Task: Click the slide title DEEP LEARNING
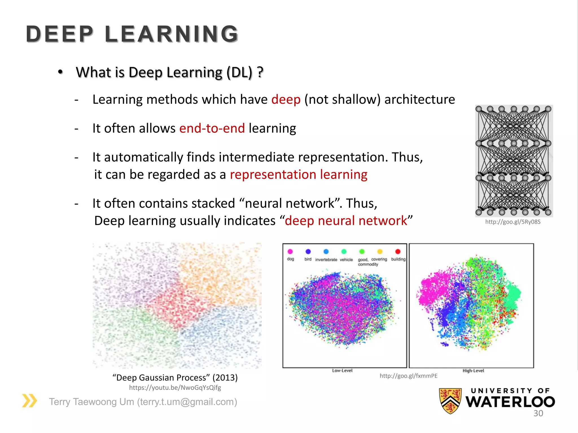click(132, 34)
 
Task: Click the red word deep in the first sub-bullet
click(286, 100)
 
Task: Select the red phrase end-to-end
click(212, 128)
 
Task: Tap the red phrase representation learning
click(298, 174)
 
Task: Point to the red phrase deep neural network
click(346, 221)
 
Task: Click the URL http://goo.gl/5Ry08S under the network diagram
click(513, 222)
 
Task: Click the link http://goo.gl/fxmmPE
click(408, 376)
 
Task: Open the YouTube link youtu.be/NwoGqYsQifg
click(175, 388)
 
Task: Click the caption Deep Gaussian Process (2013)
click(175, 377)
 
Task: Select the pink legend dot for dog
click(290, 251)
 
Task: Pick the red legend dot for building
click(398, 251)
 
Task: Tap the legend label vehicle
click(346, 260)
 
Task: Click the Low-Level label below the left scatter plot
click(342, 370)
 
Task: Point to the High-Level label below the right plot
click(473, 370)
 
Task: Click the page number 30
click(538, 413)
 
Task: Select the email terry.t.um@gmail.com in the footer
click(187, 402)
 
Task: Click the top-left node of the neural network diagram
click(479, 109)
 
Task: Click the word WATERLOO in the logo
click(510, 402)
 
